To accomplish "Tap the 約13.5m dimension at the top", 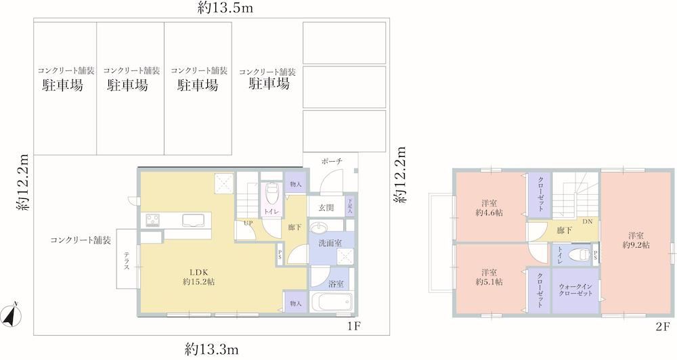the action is (225, 7).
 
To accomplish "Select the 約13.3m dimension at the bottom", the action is (211, 348).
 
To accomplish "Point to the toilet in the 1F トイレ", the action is (272, 194).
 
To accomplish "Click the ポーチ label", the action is (332, 162).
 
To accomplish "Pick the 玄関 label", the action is (326, 208).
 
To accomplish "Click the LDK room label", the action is (199, 272).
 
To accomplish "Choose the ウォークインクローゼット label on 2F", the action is (575, 290).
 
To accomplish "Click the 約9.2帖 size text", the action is (636, 245).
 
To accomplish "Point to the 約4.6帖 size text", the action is (489, 212).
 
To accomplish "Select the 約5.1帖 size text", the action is (489, 282).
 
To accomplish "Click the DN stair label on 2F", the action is (588, 222).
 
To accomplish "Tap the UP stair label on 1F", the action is (248, 223).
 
